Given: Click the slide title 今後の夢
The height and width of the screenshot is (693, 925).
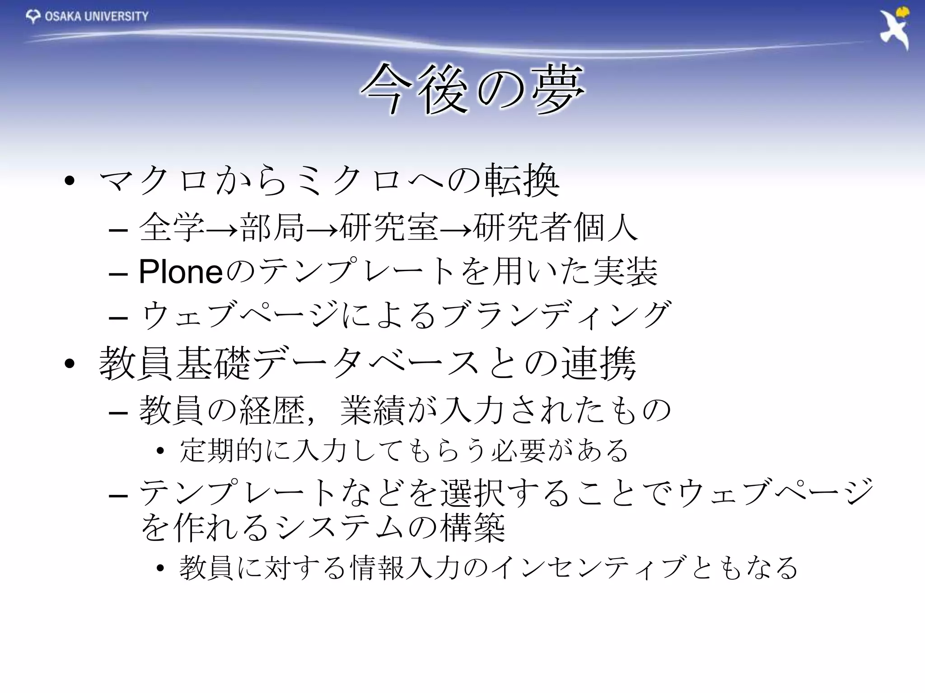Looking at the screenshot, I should point(472,89).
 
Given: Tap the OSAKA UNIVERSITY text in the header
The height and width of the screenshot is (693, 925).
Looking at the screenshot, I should point(97,17).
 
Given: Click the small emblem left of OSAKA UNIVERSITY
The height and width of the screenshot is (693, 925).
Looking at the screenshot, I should point(33,17).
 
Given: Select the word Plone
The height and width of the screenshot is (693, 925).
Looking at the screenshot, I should point(181,272).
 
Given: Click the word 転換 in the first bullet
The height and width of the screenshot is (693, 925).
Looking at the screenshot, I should point(522,181).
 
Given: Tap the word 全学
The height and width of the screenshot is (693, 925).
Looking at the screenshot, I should point(172,228).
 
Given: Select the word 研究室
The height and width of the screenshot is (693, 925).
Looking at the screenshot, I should point(389,228).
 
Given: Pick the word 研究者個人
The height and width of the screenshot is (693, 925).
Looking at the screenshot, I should point(556,228).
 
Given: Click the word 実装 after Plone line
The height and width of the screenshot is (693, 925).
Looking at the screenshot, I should point(625,272).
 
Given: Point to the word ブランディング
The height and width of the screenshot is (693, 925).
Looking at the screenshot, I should point(556,315).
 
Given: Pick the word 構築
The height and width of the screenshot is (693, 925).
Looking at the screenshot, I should point(472,528).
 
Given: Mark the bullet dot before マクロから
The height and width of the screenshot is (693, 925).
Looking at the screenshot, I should point(70,181).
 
